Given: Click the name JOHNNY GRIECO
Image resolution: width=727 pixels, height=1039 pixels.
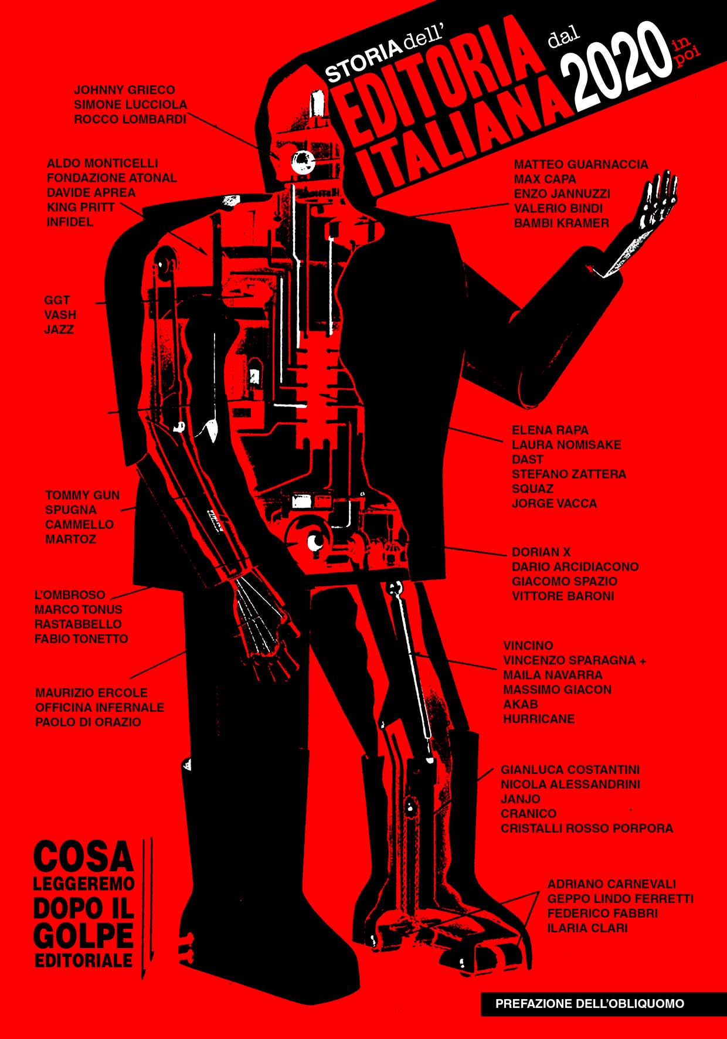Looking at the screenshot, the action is (x=124, y=90).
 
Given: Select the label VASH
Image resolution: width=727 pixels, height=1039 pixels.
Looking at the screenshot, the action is (x=60, y=315).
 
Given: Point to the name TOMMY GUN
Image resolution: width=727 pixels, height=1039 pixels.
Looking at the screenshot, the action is (x=83, y=495).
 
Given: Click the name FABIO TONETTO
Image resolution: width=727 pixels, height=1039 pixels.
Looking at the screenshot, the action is (x=81, y=639).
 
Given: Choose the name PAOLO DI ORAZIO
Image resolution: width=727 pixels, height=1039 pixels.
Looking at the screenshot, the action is (x=88, y=722).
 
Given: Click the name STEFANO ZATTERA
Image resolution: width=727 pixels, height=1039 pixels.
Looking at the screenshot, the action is (x=569, y=474).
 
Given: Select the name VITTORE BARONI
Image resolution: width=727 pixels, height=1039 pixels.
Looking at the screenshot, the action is (x=563, y=596).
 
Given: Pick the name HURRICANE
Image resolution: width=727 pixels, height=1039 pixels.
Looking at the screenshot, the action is (x=539, y=718).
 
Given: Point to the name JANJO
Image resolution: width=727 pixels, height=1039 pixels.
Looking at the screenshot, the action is (x=521, y=799).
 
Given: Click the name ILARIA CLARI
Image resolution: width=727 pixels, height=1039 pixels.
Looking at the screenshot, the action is (x=587, y=928).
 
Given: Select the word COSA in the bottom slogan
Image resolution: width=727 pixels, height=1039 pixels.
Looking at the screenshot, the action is (x=84, y=857).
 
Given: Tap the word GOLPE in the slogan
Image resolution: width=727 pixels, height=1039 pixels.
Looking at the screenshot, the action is (x=83, y=936).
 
